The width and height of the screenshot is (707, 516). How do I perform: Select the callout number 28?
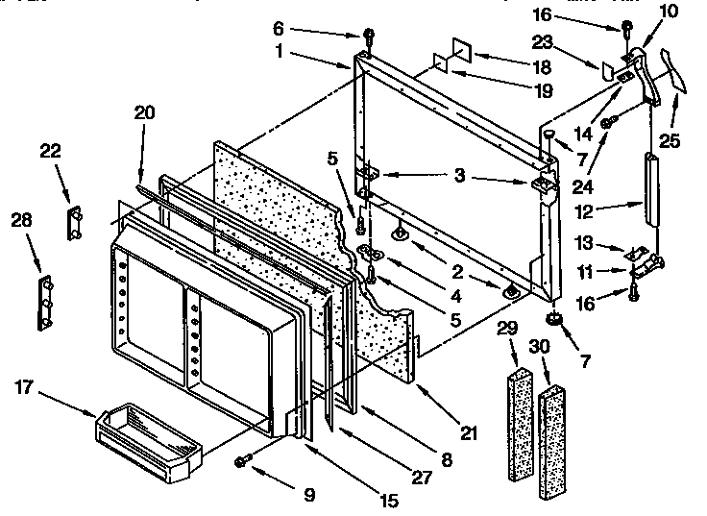click(21, 220)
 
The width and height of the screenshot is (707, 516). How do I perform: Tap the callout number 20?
click(144, 112)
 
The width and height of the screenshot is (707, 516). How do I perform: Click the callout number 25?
click(670, 140)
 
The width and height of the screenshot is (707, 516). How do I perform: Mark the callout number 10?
click(669, 12)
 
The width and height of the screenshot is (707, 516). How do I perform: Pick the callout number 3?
click(459, 177)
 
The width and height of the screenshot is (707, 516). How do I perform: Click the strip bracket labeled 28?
click(44, 303)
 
